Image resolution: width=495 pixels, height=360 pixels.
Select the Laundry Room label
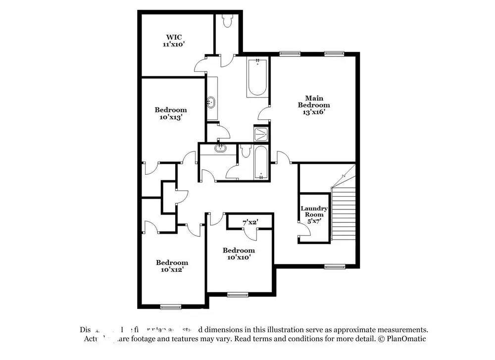tap(314, 211)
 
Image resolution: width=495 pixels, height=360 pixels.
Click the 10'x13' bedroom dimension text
tap(171, 117)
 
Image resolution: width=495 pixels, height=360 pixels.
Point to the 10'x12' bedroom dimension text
tap(172, 270)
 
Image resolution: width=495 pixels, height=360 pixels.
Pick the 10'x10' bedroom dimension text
tap(239, 257)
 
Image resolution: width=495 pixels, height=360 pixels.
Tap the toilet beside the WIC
tap(228, 21)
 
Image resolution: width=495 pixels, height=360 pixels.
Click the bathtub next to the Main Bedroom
tap(257, 78)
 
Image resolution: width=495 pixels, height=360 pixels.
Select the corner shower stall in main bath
tap(260, 134)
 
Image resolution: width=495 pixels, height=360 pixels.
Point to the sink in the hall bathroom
tap(220, 148)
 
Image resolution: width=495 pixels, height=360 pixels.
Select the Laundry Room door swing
tap(302, 228)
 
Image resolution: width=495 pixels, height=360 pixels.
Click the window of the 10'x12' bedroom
tap(169, 307)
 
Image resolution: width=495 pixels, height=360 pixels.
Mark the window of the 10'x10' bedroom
tap(238, 295)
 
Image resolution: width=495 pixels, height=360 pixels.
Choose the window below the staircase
tap(335, 267)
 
